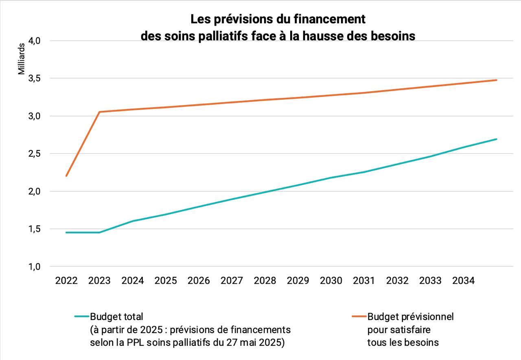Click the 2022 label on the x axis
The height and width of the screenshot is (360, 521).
(66, 281)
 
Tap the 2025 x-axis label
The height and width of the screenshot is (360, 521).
(166, 281)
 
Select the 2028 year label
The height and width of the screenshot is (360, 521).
(265, 281)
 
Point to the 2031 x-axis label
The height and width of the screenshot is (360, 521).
(364, 281)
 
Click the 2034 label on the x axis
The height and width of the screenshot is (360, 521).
(464, 281)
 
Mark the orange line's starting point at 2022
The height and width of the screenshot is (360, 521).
(66, 176)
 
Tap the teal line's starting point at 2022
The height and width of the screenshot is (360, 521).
(66, 233)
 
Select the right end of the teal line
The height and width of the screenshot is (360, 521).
(497, 139)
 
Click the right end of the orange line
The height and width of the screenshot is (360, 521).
(497, 80)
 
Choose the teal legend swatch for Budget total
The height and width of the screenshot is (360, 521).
(82, 316)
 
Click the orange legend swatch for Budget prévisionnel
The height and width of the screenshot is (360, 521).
(359, 316)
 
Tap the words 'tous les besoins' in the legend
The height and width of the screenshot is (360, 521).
(403, 342)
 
